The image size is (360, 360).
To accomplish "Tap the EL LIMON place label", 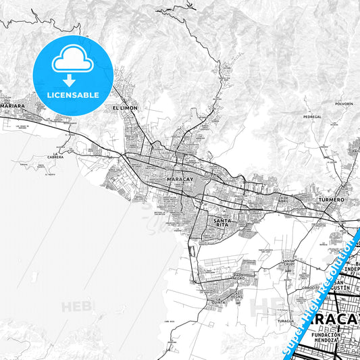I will click(x=124, y=108).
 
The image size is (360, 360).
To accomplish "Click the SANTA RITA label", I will click(x=224, y=223).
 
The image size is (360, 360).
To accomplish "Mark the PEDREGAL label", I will click(x=312, y=117).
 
